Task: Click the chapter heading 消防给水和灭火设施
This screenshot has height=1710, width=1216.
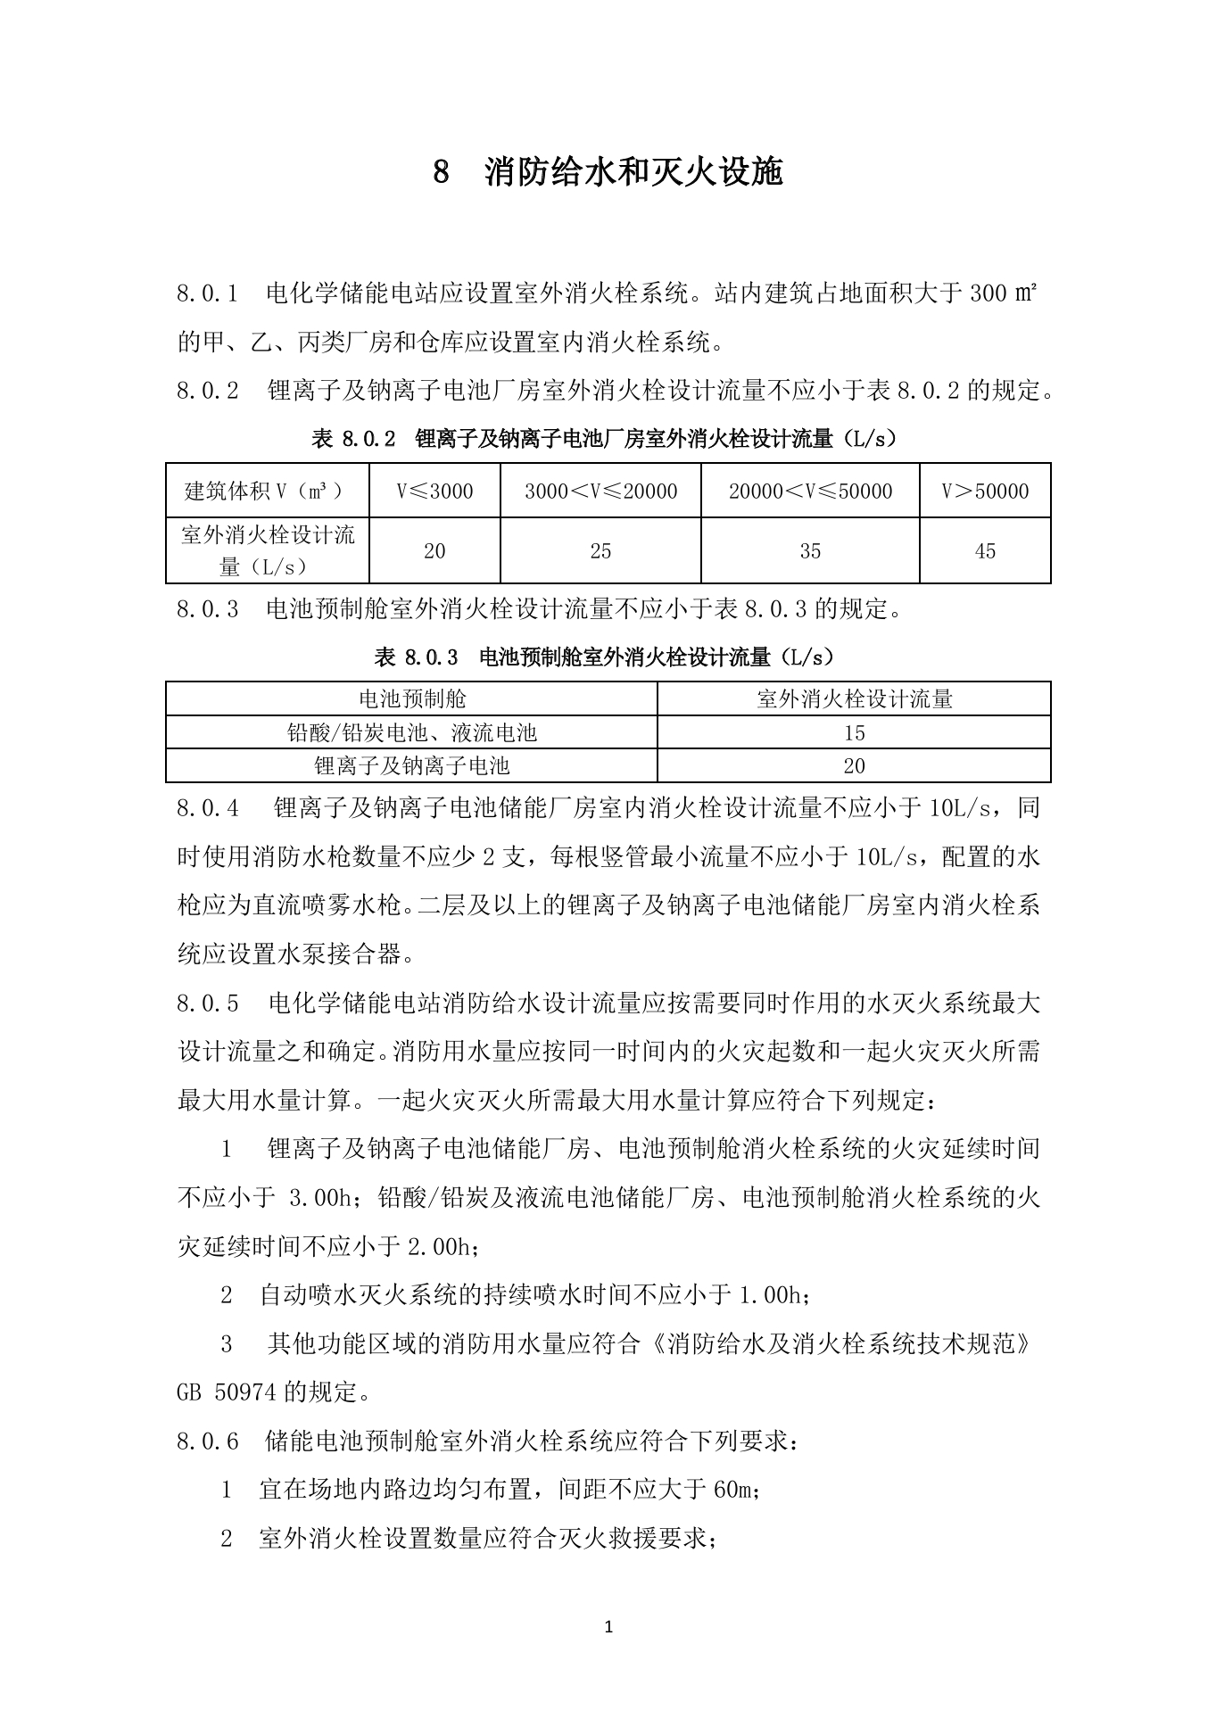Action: click(x=633, y=172)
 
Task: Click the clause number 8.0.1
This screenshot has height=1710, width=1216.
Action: click(x=207, y=293)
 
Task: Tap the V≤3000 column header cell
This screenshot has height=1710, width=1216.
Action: click(x=434, y=491)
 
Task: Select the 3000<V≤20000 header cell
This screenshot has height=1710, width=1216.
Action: click(x=600, y=491)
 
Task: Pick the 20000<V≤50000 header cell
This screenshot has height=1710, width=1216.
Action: click(x=810, y=491)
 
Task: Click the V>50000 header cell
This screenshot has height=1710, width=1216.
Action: click(x=985, y=491)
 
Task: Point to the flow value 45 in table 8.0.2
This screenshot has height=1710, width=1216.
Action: click(x=985, y=551)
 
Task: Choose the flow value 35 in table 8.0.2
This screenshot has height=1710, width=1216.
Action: click(x=810, y=551)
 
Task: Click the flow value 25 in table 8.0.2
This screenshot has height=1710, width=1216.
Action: click(x=600, y=551)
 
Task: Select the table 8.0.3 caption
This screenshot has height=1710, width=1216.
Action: click(x=607, y=657)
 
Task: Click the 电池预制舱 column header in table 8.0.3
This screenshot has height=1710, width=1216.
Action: click(x=411, y=698)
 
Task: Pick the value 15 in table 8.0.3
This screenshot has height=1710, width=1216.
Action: click(x=854, y=732)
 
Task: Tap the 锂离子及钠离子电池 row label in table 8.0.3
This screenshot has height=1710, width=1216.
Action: click(x=411, y=765)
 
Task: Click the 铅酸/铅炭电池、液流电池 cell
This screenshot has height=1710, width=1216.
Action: click(x=411, y=732)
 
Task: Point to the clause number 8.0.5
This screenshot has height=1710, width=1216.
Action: click(x=207, y=1004)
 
